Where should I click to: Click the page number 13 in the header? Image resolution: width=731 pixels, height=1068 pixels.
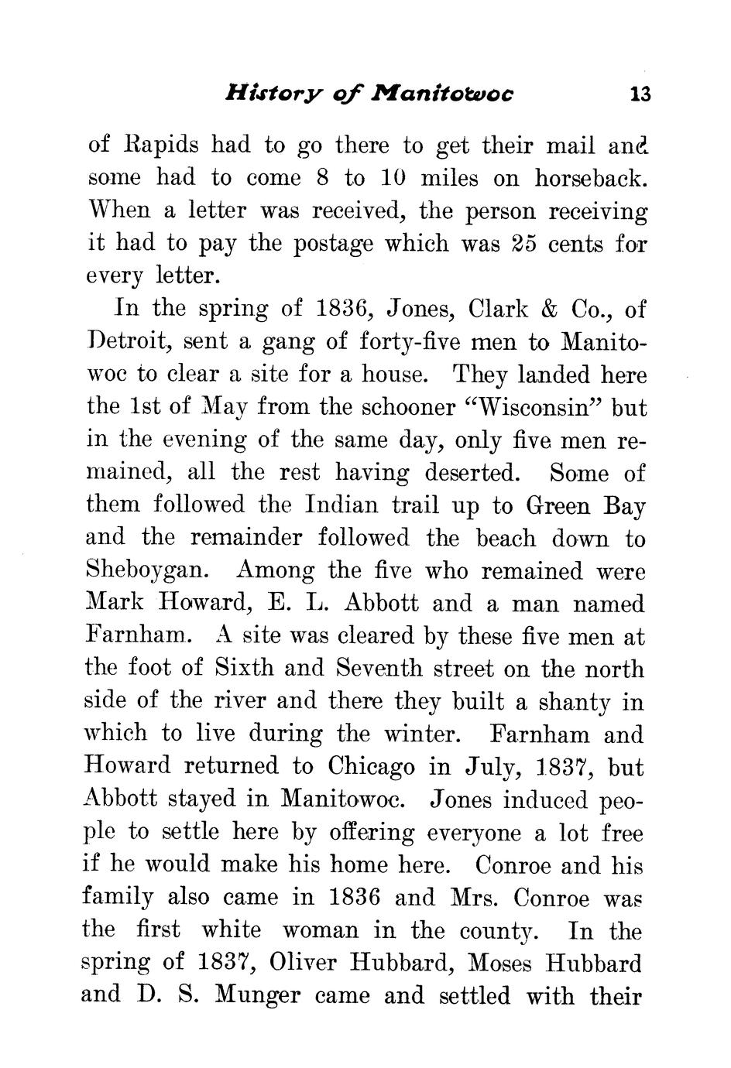[640, 95]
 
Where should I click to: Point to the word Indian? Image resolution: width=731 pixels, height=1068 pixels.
[341, 505]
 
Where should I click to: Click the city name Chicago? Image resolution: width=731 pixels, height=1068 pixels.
[371, 766]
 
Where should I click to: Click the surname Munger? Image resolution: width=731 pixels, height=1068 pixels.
[256, 995]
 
